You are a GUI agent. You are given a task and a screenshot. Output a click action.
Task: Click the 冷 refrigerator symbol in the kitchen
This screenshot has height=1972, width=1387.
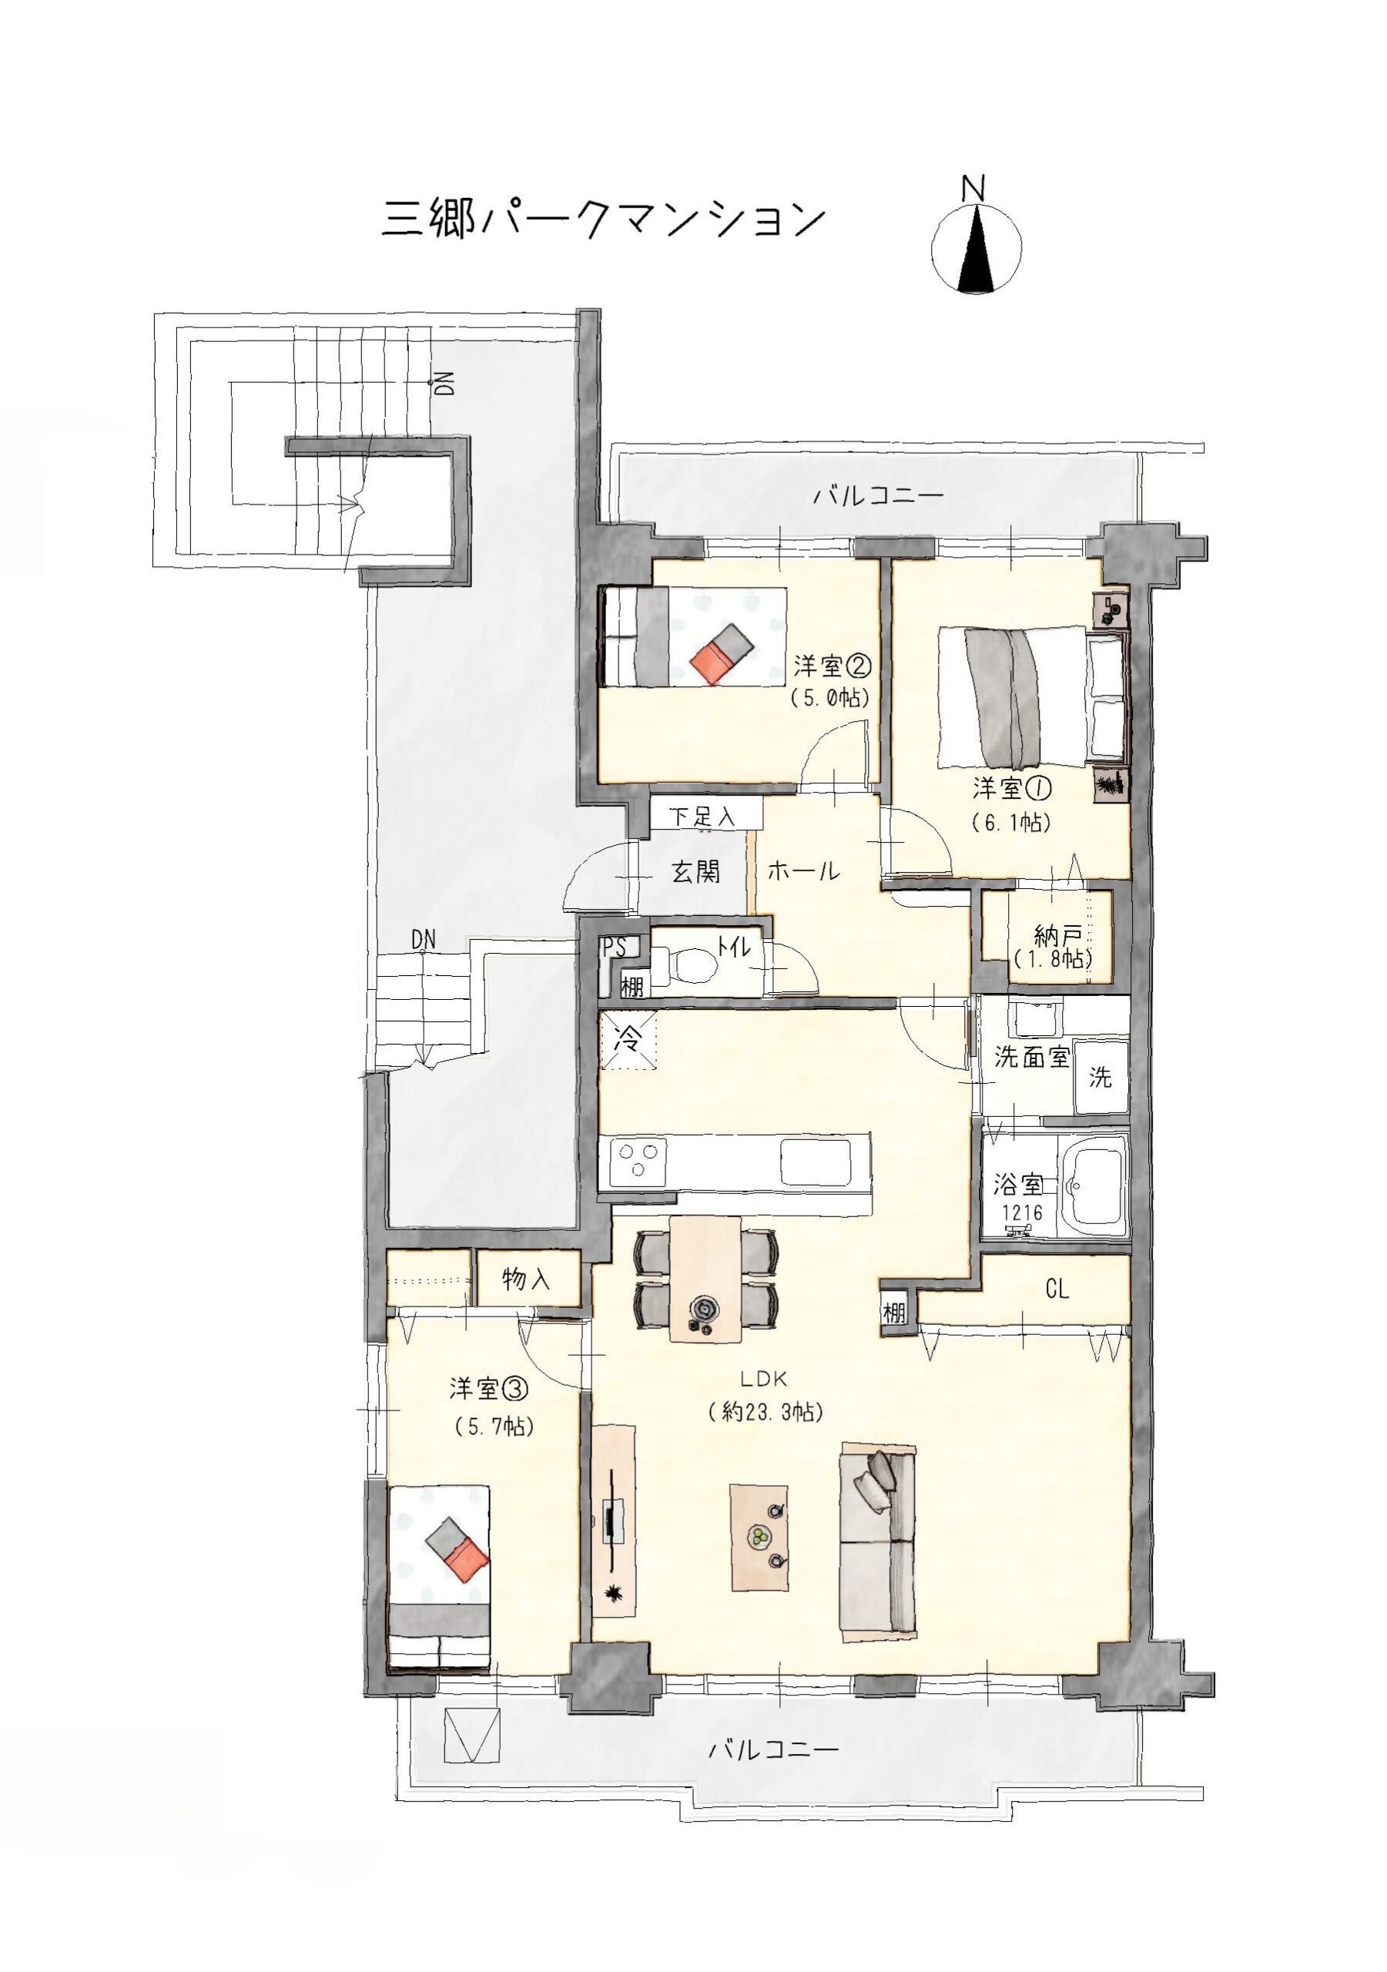tap(628, 1041)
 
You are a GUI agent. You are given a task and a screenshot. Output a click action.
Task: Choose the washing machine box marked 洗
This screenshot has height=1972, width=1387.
tap(1101, 1076)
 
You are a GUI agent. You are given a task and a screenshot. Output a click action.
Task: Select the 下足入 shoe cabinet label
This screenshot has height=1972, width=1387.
tap(702, 816)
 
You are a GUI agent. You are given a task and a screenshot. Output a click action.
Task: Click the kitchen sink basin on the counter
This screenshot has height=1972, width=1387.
tap(815, 1161)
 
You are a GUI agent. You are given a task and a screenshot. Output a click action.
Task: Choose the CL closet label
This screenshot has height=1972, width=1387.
tap(1057, 1290)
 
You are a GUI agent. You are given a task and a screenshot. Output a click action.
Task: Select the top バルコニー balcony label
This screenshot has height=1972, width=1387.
tap(879, 495)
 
